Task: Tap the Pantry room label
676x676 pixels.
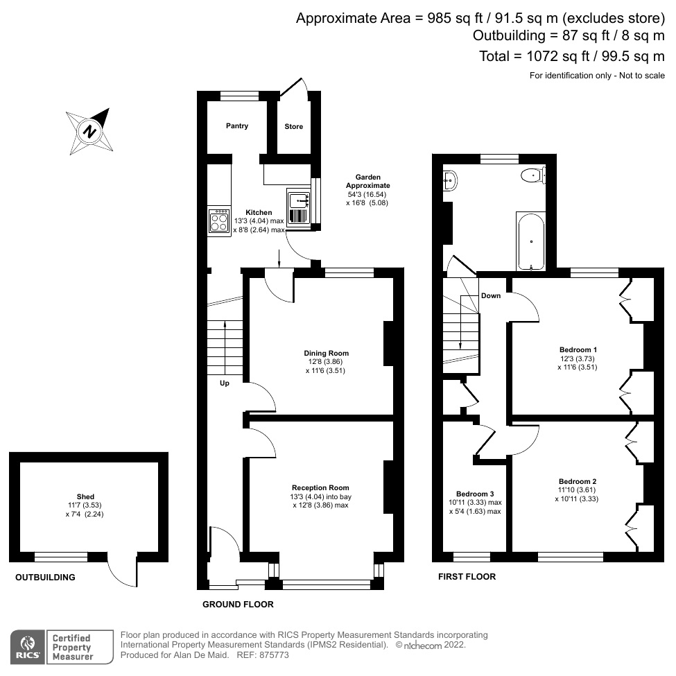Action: (236, 126)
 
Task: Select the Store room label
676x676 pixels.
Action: (294, 127)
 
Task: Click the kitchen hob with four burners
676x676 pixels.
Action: (219, 221)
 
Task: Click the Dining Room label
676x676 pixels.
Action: (325, 353)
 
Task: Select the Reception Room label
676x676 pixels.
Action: (320, 487)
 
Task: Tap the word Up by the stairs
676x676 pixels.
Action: (225, 383)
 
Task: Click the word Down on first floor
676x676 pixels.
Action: (491, 295)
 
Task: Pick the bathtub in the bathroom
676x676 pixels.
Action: (532, 241)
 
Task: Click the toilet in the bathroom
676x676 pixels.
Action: (532, 175)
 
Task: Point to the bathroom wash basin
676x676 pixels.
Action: (449, 182)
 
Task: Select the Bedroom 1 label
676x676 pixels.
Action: (578, 349)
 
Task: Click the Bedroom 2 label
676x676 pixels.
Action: (578, 481)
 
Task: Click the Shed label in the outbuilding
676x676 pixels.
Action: (85, 497)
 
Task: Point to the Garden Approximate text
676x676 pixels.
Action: (368, 182)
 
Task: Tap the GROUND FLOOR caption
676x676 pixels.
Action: (238, 605)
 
